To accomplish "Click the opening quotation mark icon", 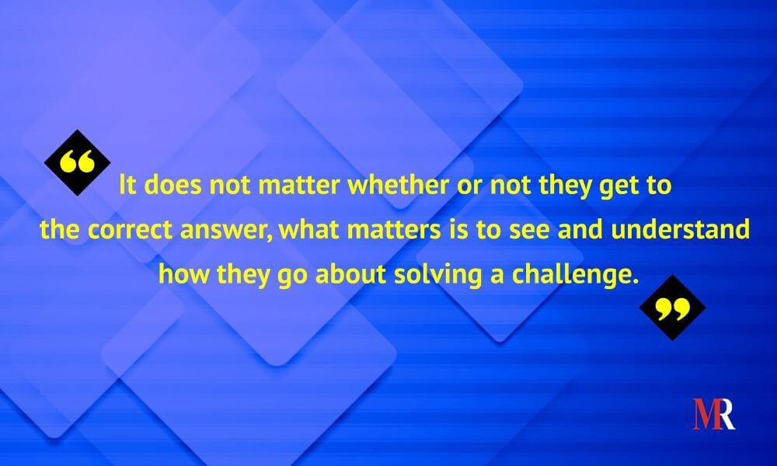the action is [77, 163].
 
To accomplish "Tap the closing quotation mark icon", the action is [672, 308].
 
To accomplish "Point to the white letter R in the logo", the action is [726, 413].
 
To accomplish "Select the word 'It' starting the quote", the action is [127, 185].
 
